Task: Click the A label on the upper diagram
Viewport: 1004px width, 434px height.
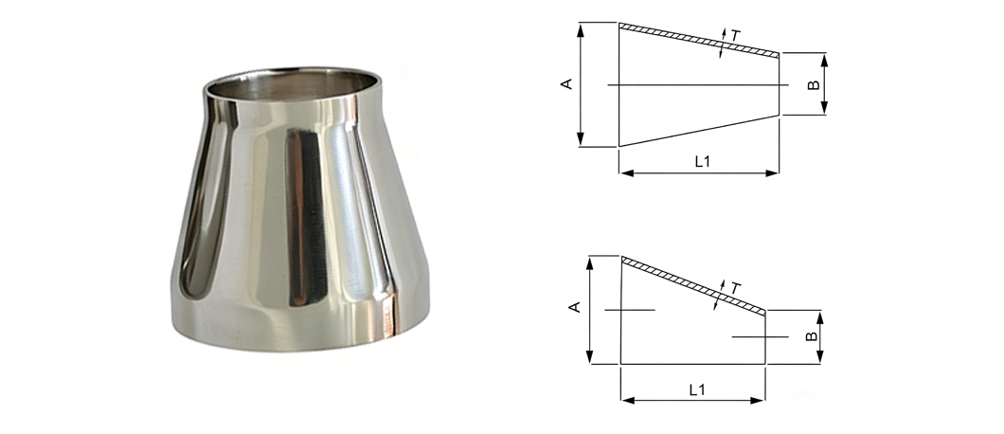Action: (x=566, y=84)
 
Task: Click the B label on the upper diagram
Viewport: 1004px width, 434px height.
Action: (x=814, y=84)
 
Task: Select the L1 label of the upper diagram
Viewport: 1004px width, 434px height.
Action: (x=703, y=161)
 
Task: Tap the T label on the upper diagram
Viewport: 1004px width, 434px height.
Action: (x=735, y=36)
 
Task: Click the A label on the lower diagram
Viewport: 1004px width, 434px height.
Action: (x=574, y=307)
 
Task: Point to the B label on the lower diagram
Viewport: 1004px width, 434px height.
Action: (x=812, y=335)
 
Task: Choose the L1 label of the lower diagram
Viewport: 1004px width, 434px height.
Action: (x=697, y=389)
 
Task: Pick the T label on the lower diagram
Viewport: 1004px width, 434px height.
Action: (x=735, y=289)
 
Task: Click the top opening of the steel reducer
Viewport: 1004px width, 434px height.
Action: (x=292, y=84)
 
